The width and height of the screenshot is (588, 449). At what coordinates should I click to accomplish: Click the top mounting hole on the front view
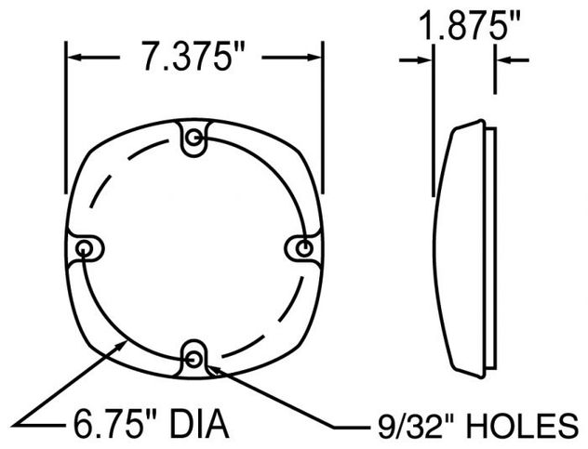194,140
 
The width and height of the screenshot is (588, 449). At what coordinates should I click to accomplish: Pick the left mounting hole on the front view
87,248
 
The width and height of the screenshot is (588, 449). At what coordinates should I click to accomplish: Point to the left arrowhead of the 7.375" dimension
74,59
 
